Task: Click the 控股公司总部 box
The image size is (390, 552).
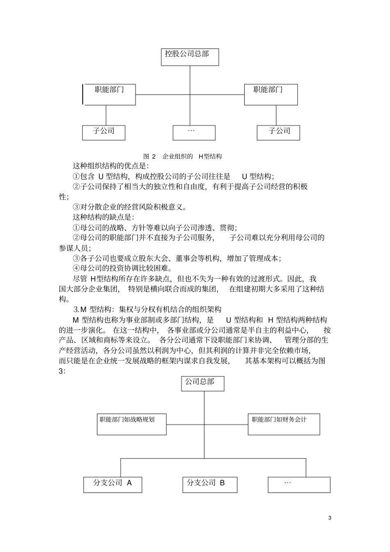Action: (189, 57)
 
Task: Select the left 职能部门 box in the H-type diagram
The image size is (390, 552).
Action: (110, 94)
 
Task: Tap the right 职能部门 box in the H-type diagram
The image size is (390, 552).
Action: (271, 94)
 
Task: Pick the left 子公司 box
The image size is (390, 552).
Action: (103, 133)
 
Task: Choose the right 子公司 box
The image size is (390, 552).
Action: (278, 133)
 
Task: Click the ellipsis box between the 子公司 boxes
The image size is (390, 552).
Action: (194, 133)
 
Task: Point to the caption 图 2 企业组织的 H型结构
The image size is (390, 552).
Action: (182, 156)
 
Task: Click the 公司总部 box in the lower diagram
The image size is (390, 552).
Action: (203, 384)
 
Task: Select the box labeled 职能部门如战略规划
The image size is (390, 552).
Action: (132, 424)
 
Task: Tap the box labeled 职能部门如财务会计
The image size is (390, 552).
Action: (284, 424)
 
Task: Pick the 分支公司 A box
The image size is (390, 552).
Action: (112, 484)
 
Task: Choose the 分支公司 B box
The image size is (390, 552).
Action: (209, 484)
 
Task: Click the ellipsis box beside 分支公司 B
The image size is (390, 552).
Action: (299, 484)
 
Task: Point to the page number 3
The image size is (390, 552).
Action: (330, 518)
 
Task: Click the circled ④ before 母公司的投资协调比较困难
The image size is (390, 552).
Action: (76, 268)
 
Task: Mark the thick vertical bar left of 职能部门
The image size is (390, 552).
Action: (83, 94)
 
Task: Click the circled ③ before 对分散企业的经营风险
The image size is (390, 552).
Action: (76, 207)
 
